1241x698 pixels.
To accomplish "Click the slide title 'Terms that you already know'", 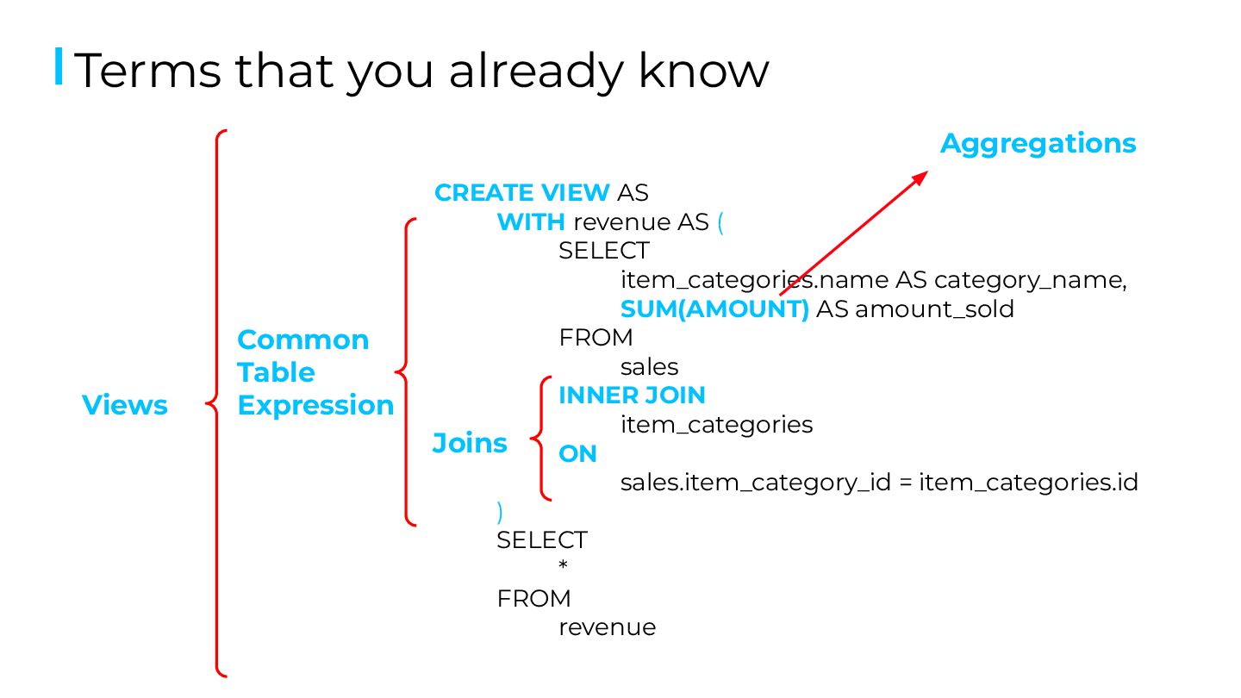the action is coord(421,71).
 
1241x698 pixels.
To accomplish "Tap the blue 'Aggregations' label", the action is coord(1038,144).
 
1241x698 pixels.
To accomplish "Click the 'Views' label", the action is coord(125,405).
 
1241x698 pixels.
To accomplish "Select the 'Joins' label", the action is coord(470,443).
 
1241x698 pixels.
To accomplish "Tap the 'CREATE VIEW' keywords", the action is coord(522,193).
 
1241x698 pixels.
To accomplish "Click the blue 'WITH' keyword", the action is coord(531,222).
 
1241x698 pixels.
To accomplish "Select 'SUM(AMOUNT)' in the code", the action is coord(714,308).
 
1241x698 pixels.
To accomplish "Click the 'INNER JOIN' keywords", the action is coord(632,396).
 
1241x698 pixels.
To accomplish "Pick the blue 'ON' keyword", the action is coord(577,454).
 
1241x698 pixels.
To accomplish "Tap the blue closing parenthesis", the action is coord(500,511).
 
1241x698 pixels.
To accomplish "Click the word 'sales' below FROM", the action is coord(649,367).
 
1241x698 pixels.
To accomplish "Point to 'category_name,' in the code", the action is coord(1031,280).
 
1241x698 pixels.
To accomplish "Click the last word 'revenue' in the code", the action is coord(607,627).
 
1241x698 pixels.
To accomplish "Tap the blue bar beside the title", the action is coord(59,67).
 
